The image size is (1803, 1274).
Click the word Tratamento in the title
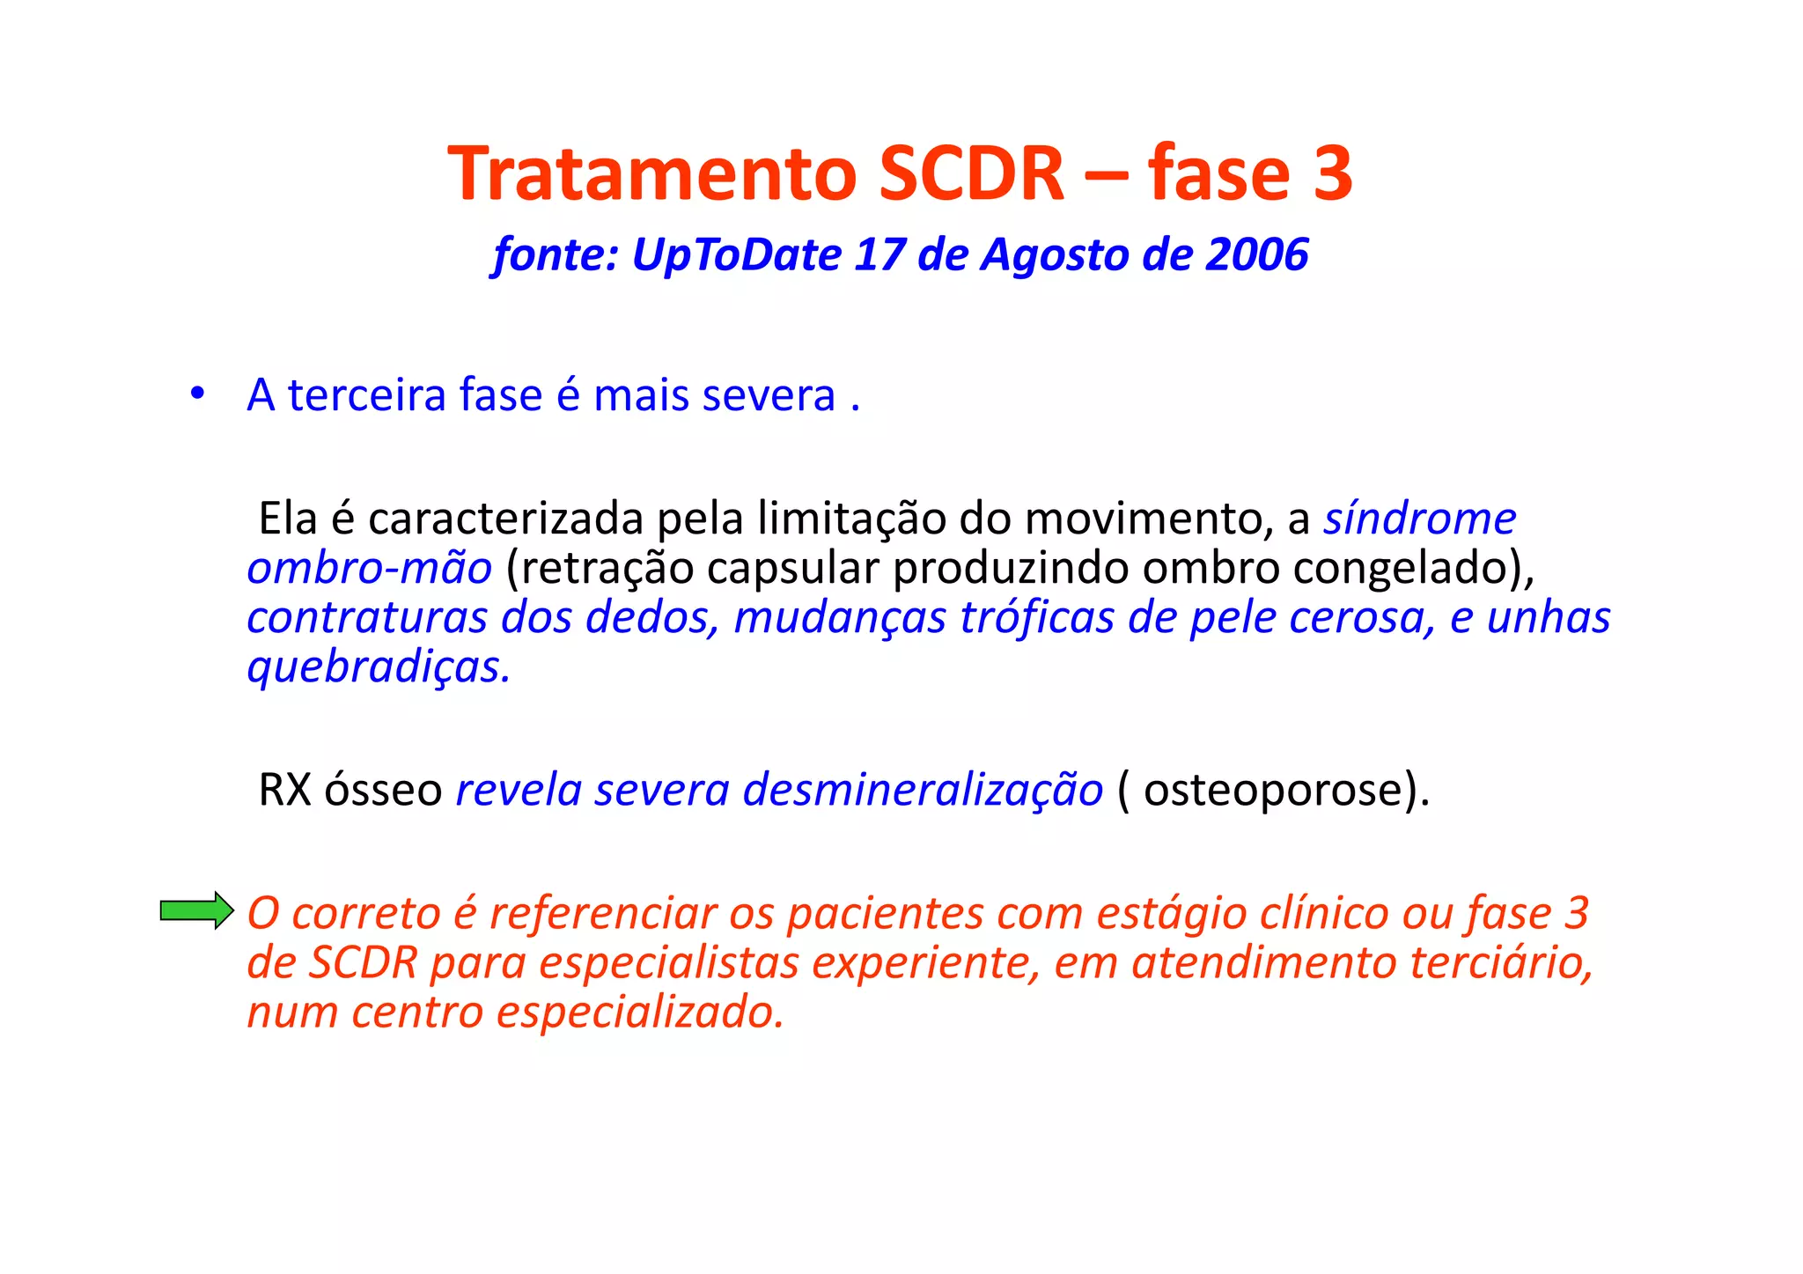[x=652, y=173]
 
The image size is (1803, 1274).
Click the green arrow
[x=196, y=910]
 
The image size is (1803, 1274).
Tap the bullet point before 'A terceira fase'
[x=197, y=394]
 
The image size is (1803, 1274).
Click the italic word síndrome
[x=1419, y=519]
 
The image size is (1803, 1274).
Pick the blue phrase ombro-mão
[x=369, y=568]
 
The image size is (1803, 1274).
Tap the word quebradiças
[x=378, y=667]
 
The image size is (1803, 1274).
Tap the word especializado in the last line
[x=639, y=1013]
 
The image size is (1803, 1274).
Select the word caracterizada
[x=505, y=519]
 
